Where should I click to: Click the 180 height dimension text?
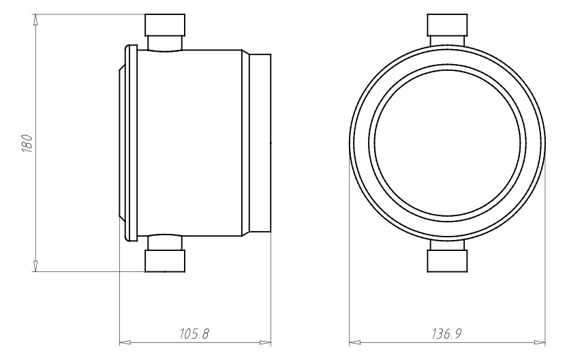click(27, 144)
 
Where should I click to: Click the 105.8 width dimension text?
click(194, 334)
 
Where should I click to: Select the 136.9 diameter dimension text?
click(446, 334)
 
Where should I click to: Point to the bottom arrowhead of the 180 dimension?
click(35, 266)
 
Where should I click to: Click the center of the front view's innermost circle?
click(447, 144)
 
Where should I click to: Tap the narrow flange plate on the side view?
click(132, 144)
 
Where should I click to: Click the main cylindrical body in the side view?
click(191, 144)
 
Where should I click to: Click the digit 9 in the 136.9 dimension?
click(459, 334)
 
